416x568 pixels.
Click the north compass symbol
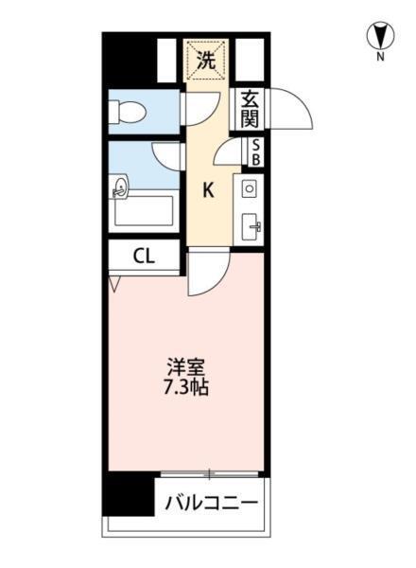[x=379, y=36]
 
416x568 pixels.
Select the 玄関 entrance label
[x=249, y=109]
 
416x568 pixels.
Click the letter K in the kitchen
[x=209, y=189]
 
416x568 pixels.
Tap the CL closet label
[x=143, y=255]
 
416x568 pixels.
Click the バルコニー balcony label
[x=211, y=502]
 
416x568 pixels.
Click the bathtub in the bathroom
[x=142, y=210]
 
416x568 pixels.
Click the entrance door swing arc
[x=293, y=110]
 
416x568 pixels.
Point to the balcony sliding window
[x=210, y=472]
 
